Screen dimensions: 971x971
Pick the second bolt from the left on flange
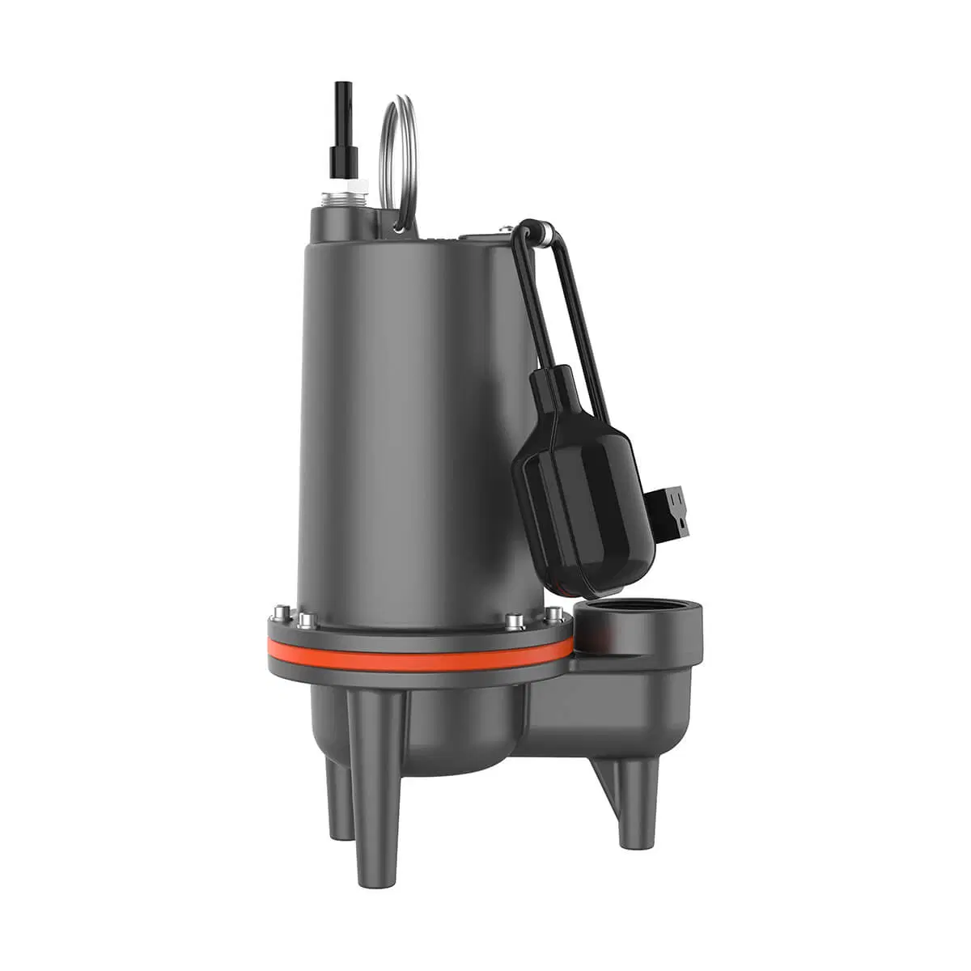point(305,621)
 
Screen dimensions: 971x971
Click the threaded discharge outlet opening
point(627,619)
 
